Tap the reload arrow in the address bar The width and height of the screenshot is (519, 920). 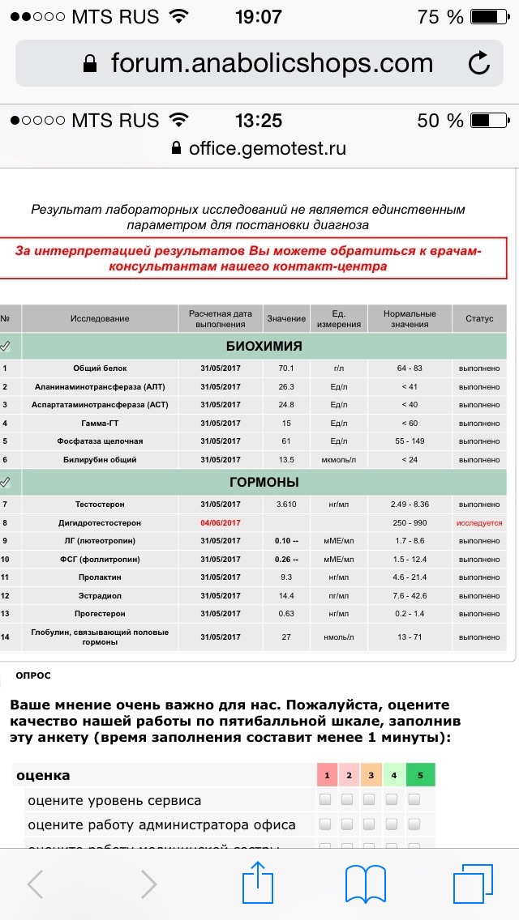click(x=478, y=62)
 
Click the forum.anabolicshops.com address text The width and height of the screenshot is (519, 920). click(x=272, y=62)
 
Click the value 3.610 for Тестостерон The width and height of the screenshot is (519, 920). click(x=286, y=504)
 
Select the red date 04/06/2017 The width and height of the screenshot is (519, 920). click(x=221, y=522)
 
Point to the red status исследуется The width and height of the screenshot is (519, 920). click(x=478, y=522)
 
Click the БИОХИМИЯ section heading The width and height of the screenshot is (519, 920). click(x=264, y=346)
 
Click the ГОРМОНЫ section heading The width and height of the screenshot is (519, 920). click(x=264, y=482)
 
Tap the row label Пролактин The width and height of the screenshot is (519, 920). click(x=101, y=577)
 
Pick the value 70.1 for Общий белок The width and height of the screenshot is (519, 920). click(x=286, y=368)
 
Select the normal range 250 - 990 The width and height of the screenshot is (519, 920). click(x=410, y=522)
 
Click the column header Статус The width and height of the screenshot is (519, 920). click(x=478, y=318)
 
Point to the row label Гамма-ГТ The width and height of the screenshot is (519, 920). click(x=101, y=423)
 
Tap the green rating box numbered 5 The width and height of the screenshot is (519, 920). click(x=420, y=775)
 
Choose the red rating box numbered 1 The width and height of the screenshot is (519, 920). click(x=327, y=775)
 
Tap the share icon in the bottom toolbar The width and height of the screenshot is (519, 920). click(x=258, y=882)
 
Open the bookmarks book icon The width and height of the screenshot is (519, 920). click(x=365, y=884)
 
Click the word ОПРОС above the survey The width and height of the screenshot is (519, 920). click(x=33, y=675)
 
